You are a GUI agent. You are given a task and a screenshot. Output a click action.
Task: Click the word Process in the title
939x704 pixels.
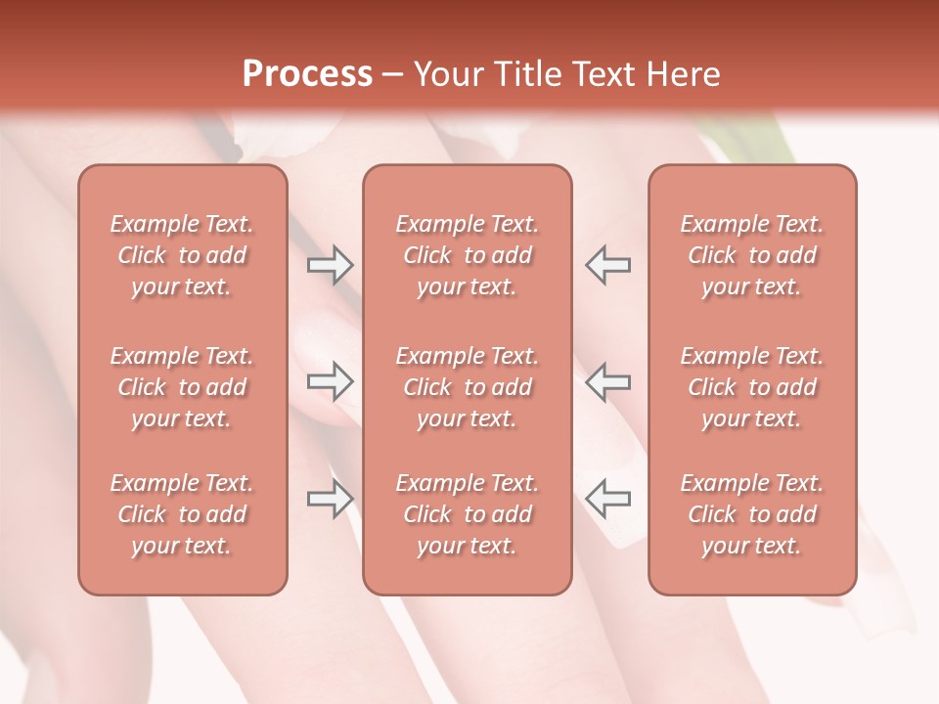pyautogui.click(x=307, y=74)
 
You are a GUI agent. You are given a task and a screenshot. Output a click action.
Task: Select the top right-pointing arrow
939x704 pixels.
pyautogui.click(x=330, y=264)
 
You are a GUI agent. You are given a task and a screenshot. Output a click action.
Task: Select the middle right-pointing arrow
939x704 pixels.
pyautogui.click(x=330, y=380)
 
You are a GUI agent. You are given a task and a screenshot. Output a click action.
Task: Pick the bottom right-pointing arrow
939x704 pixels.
pyautogui.click(x=330, y=498)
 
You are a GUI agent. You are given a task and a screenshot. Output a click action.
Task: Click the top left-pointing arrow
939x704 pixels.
pyautogui.click(x=607, y=264)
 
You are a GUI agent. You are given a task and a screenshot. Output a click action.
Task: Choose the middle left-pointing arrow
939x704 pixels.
pyautogui.click(x=607, y=380)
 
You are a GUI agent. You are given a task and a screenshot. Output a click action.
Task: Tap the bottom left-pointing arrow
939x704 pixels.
pyautogui.click(x=607, y=498)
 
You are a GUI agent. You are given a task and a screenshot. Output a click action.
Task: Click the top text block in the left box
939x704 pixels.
pyautogui.click(x=182, y=255)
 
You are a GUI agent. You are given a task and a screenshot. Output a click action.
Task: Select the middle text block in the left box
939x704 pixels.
pyautogui.click(x=182, y=387)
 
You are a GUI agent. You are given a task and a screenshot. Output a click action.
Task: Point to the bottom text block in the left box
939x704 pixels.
pyautogui.click(x=182, y=514)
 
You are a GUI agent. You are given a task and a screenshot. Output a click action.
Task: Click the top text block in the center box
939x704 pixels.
pyautogui.click(x=468, y=255)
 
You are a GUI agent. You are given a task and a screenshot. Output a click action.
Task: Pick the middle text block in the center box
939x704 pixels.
pyautogui.click(x=468, y=387)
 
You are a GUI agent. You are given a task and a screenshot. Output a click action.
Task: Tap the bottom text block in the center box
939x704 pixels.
pyautogui.click(x=468, y=514)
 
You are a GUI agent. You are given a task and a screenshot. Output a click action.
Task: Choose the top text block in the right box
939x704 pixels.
pyautogui.click(x=752, y=255)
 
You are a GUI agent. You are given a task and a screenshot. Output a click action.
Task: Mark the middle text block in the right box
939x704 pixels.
pyautogui.click(x=752, y=387)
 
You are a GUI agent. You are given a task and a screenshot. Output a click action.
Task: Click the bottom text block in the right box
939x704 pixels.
pyautogui.click(x=752, y=514)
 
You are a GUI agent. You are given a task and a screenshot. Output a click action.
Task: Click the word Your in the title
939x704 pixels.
pyautogui.click(x=446, y=74)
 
